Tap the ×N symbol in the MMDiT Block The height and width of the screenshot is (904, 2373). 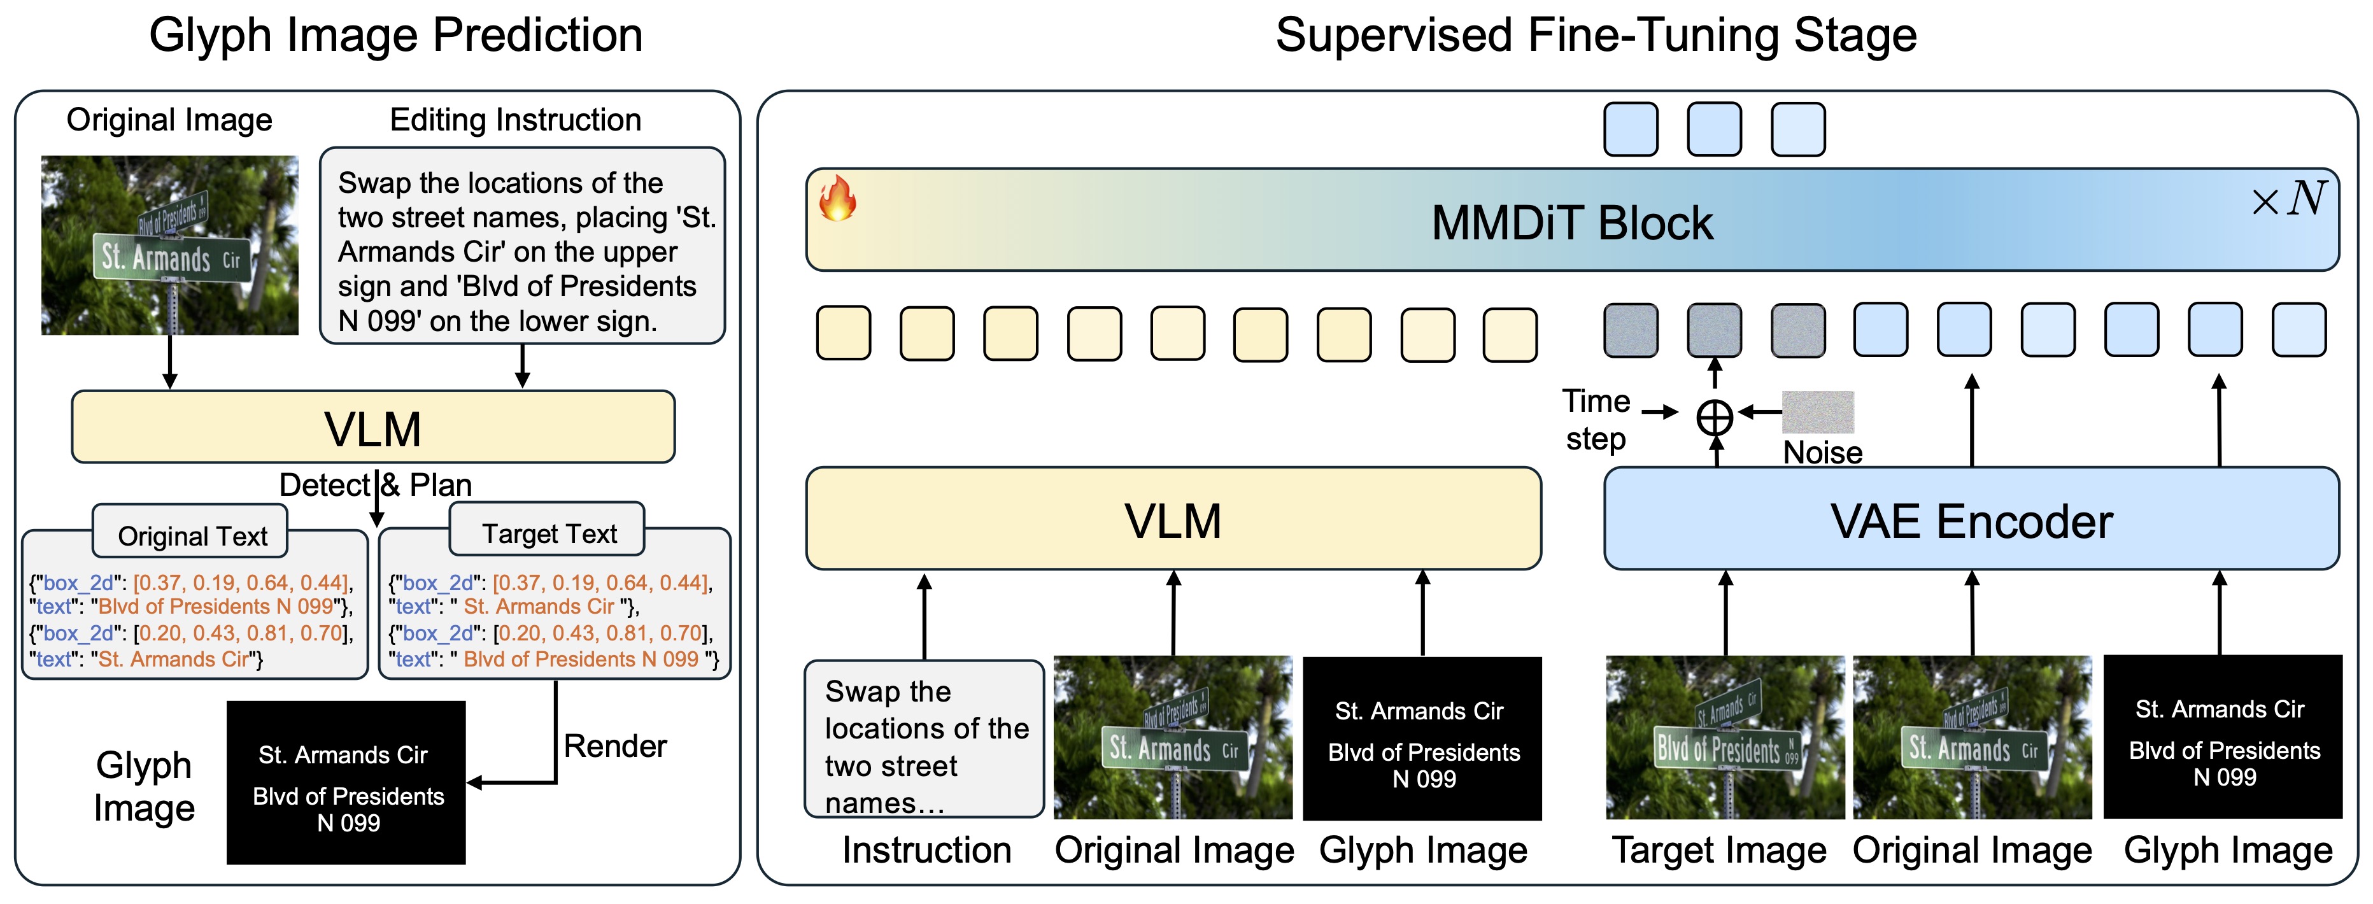(x=2288, y=198)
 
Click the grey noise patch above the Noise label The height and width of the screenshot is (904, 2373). (x=1818, y=412)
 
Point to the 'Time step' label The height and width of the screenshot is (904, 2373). (x=1596, y=420)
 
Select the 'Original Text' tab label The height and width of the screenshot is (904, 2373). (x=192, y=535)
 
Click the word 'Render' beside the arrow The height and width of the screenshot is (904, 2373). (x=614, y=745)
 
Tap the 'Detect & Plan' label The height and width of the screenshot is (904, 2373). (x=375, y=484)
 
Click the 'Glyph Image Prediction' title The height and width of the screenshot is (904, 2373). (x=395, y=36)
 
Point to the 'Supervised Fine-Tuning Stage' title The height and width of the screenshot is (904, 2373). (x=1596, y=36)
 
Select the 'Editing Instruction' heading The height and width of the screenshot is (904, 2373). (x=515, y=120)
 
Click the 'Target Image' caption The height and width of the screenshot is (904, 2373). (x=1719, y=850)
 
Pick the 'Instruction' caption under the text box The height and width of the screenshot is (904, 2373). (x=926, y=850)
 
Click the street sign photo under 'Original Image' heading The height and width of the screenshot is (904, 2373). (x=169, y=245)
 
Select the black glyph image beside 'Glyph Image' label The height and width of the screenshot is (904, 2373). (x=346, y=782)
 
